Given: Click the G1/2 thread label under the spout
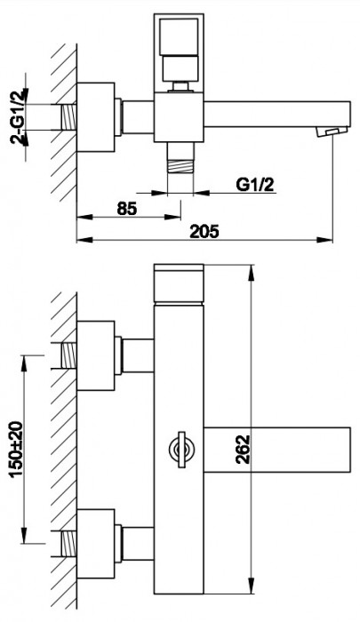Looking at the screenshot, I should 256,185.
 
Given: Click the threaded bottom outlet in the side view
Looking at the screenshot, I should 180,165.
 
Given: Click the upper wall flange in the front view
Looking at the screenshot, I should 99,355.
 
